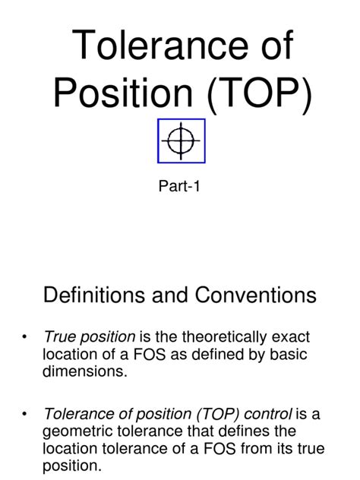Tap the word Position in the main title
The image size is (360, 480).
123,92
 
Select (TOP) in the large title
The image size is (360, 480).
260,94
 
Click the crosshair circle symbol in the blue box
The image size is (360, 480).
182,141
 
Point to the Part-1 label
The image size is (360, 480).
179,186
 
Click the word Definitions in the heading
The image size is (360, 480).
94,295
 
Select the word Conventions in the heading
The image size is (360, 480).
256,295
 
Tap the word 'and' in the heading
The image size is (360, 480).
170,295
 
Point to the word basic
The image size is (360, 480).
289,354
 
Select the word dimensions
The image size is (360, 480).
84,371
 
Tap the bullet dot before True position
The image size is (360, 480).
24,337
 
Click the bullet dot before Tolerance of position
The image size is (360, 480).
24,415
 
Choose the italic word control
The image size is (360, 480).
268,414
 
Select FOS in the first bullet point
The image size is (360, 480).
150,354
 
